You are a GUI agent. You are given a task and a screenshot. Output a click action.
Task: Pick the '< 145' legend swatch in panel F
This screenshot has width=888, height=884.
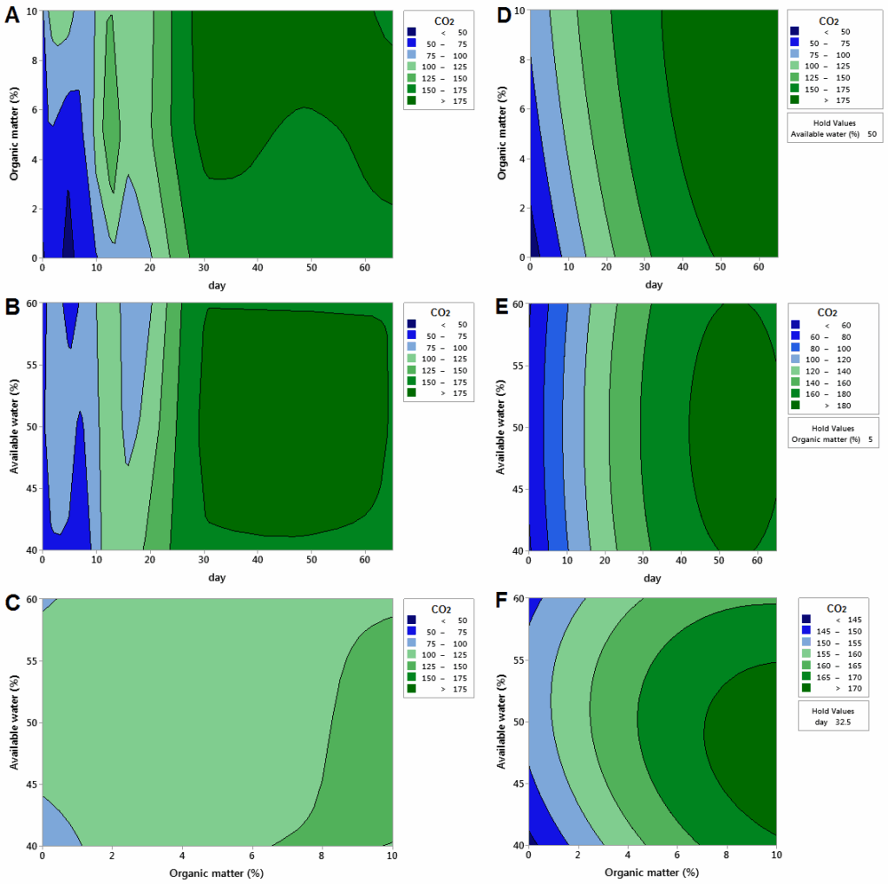(x=806, y=619)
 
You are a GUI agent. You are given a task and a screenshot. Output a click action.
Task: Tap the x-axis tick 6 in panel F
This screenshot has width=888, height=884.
(x=677, y=856)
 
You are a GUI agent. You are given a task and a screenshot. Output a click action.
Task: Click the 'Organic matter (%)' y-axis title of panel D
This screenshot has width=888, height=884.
(x=502, y=133)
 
